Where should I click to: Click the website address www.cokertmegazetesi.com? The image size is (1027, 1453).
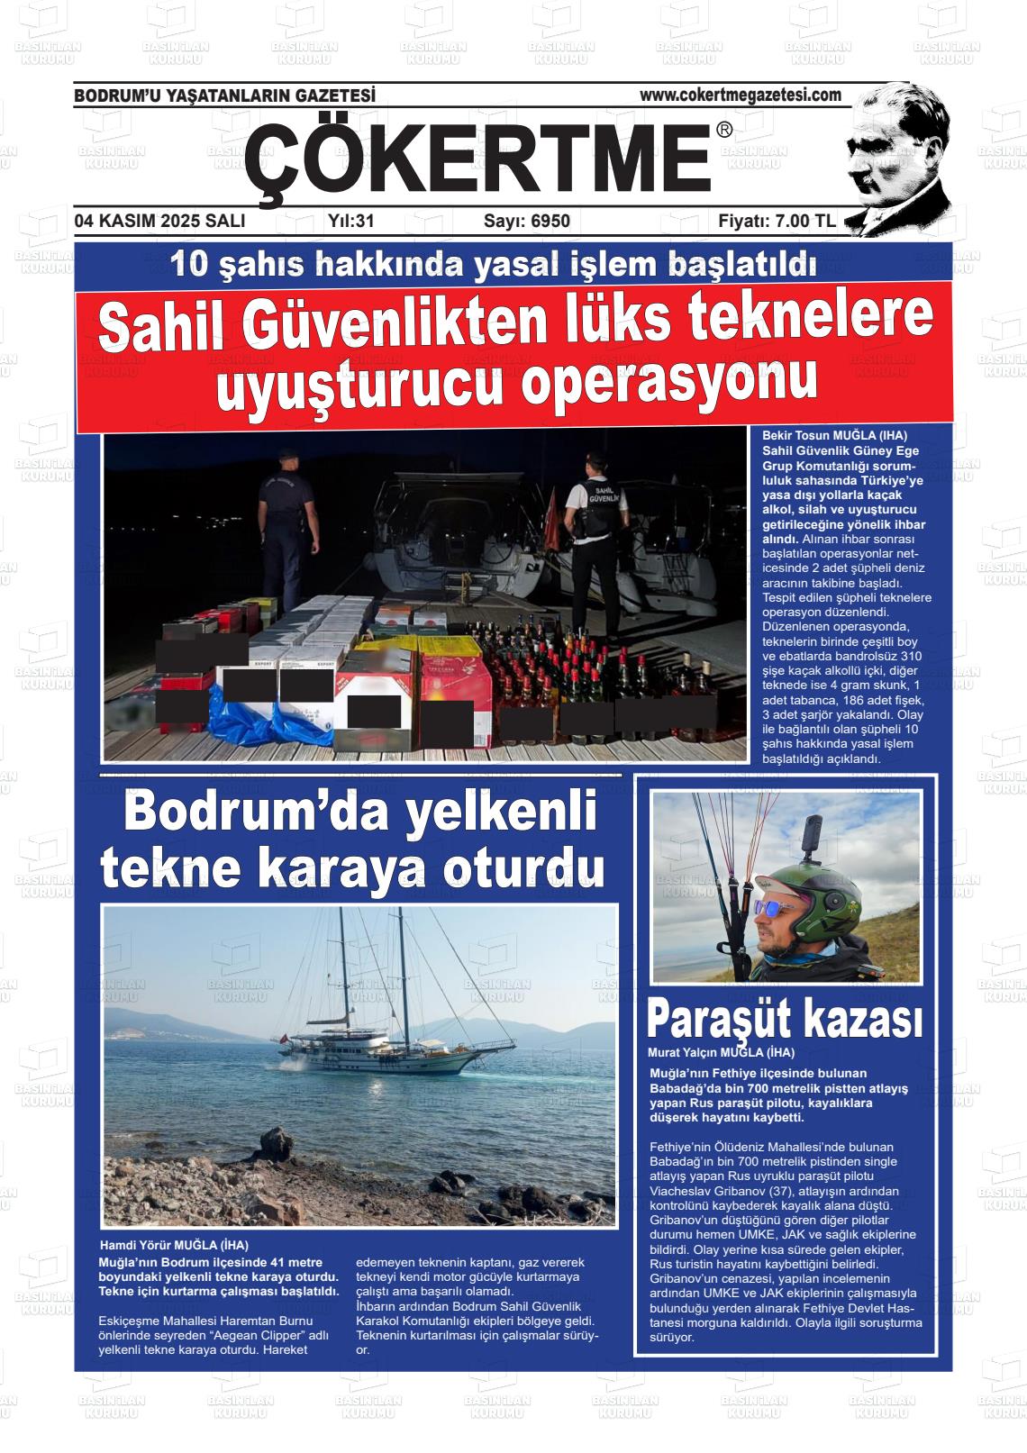(740, 95)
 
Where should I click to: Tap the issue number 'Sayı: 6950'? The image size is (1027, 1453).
(527, 221)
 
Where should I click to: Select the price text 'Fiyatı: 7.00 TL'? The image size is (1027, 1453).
(777, 221)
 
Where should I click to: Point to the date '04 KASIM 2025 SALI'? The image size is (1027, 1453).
(159, 221)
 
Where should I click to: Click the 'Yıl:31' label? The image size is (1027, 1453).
(351, 221)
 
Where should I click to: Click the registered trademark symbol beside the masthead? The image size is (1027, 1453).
(724, 131)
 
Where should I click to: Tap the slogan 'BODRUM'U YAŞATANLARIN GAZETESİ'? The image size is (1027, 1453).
(224, 95)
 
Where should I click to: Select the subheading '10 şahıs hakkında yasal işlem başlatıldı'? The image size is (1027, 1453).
(494, 264)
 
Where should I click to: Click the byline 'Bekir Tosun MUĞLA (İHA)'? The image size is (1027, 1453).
(834, 435)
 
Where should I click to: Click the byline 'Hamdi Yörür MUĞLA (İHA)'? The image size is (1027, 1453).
(174, 1245)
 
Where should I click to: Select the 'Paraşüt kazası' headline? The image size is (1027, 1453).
(784, 1020)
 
